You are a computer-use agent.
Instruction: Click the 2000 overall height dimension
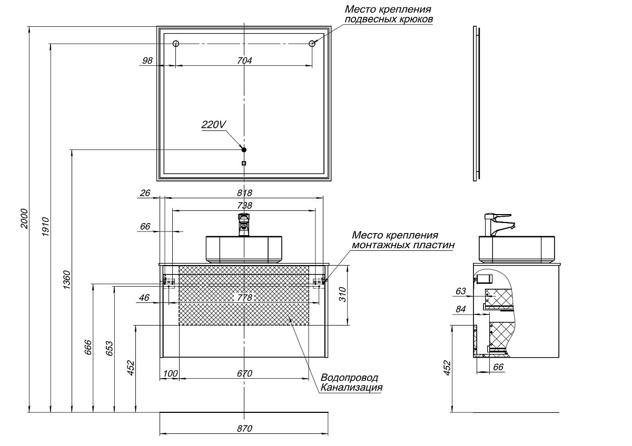[x=25, y=219]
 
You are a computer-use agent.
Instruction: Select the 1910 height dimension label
[x=46, y=227]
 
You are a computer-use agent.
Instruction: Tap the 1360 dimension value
[x=67, y=280]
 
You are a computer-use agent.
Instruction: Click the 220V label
[x=214, y=125]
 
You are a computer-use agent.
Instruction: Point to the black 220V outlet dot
[x=244, y=149]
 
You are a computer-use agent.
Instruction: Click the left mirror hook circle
[x=176, y=43]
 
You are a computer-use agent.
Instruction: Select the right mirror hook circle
[x=312, y=43]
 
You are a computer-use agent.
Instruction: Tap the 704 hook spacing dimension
[x=244, y=60]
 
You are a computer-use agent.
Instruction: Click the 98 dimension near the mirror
[x=147, y=60]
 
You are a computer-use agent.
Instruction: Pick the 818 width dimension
[x=244, y=193]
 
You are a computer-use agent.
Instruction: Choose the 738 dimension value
[x=244, y=206]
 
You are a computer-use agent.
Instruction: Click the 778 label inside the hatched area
[x=244, y=298]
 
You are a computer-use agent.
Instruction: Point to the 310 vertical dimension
[x=342, y=295]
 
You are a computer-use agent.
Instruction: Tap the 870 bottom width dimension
[x=244, y=429]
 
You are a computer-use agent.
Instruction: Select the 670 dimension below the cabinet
[x=244, y=373]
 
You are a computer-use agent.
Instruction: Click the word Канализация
[x=352, y=388]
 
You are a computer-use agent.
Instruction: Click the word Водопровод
[x=349, y=378]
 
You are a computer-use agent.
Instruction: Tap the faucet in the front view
[x=244, y=225]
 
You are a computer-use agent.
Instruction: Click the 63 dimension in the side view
[x=461, y=291]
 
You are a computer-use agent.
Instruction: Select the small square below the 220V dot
[x=244, y=163]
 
